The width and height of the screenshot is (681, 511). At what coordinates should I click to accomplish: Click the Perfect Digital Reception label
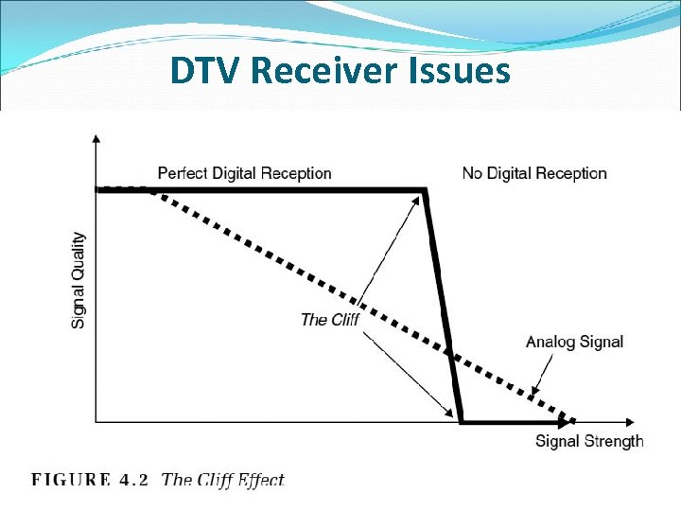pyautogui.click(x=244, y=173)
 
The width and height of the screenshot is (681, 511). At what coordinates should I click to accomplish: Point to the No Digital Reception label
pyautogui.click(x=534, y=173)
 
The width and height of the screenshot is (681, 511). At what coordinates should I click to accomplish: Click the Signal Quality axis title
pyautogui.click(x=79, y=281)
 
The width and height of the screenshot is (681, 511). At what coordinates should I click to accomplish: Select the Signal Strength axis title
pyautogui.click(x=589, y=441)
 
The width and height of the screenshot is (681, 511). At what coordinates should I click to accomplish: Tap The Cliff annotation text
pyautogui.click(x=329, y=319)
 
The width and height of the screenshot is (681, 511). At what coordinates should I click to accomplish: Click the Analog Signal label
pyautogui.click(x=574, y=342)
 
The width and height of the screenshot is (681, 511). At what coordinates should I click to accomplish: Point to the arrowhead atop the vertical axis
pyautogui.click(x=95, y=139)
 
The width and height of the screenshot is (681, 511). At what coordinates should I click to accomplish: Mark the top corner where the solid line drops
pyautogui.click(x=425, y=191)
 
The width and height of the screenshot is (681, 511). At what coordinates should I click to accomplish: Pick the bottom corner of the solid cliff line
pyautogui.click(x=461, y=420)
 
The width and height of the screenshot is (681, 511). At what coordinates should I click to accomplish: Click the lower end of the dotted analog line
pyautogui.click(x=571, y=419)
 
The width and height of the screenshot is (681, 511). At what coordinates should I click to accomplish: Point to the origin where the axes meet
pyautogui.click(x=96, y=421)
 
